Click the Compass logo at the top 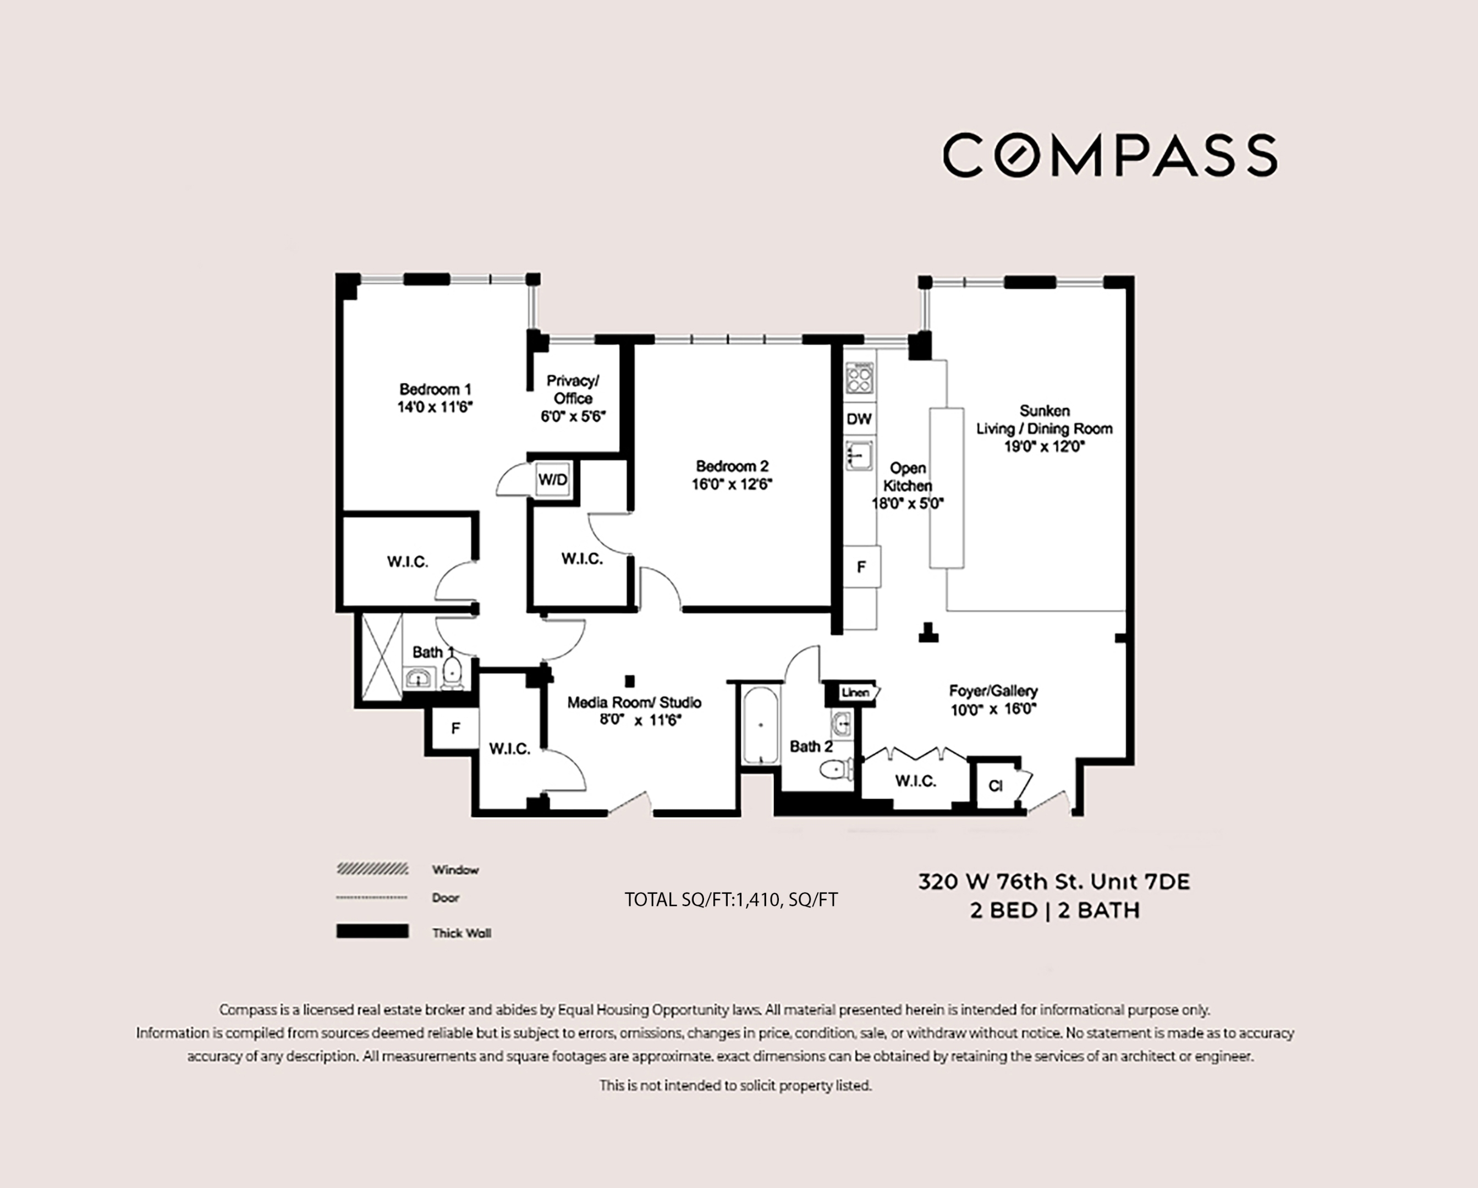coord(1109,155)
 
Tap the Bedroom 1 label coord(435,389)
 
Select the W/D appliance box coord(553,479)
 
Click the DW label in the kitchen coord(859,419)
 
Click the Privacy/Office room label coord(573,389)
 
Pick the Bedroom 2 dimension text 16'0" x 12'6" coord(732,484)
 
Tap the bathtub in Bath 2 coord(760,725)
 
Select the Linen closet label coord(855,692)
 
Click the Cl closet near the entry coord(996,785)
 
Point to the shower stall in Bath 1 coord(382,657)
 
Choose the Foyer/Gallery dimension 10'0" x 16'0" coord(993,710)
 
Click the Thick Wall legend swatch coord(372,931)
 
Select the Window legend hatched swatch coord(372,869)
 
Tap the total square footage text coord(731,899)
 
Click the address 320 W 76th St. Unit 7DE coord(1054,882)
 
